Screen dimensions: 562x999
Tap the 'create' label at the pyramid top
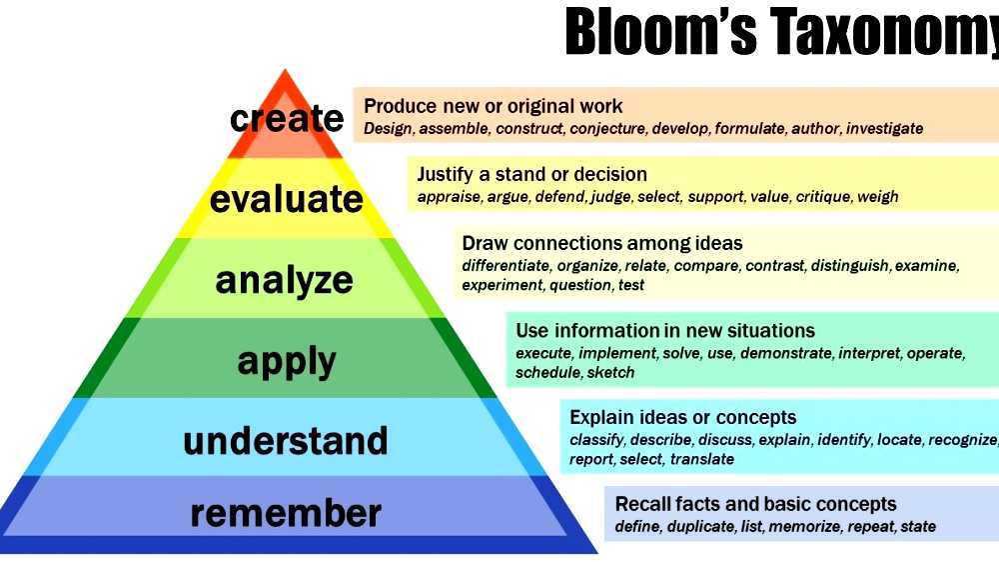tap(287, 119)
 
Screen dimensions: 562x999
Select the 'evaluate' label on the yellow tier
tap(286, 199)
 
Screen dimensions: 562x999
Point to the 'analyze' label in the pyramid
tap(285, 280)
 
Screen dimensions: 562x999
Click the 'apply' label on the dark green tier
tap(287, 361)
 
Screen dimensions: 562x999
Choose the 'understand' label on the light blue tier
tap(286, 441)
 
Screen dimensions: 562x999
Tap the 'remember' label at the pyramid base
tap(286, 513)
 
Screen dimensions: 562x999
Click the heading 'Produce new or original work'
tap(494, 106)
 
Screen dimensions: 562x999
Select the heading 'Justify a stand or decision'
tap(531, 174)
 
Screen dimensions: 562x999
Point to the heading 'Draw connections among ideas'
tap(601, 243)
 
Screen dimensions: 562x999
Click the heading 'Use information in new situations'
tap(665, 330)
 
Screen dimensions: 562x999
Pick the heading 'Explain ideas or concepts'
tap(683, 417)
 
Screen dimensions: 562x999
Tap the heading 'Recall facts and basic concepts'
tap(755, 504)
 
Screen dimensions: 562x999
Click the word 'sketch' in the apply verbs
tap(610, 373)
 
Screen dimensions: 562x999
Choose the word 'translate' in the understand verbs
tap(702, 460)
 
